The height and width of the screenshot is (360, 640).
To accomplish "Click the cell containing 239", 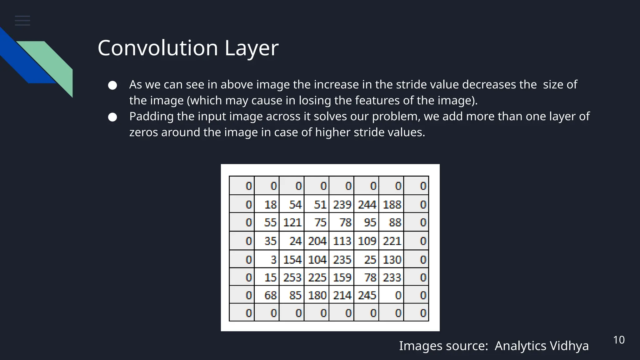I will (342, 204).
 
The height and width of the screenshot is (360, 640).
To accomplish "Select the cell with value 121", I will (292, 222).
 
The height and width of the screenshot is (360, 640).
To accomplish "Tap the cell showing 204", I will (317, 241).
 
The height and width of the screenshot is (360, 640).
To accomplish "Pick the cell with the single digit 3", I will (267, 259).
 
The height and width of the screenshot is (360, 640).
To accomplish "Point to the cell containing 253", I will (292, 277).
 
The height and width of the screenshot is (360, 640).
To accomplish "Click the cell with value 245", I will (366, 295).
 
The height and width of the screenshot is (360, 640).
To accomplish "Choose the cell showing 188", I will (391, 204).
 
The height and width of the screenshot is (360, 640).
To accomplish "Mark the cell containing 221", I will (391, 241).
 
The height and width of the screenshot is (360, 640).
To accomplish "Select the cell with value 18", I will (267, 204).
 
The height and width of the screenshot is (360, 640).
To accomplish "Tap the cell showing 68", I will (267, 295).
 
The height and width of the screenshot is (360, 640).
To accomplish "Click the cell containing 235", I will (342, 259).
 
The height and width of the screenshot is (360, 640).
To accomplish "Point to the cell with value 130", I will (391, 259).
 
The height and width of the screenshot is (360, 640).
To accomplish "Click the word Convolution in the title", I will (157, 48).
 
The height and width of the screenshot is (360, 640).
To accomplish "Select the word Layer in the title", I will (251, 49).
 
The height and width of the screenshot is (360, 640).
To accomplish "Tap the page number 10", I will (619, 340).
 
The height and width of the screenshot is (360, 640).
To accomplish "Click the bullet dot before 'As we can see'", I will (112, 85).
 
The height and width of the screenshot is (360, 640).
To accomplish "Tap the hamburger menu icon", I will (22, 21).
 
